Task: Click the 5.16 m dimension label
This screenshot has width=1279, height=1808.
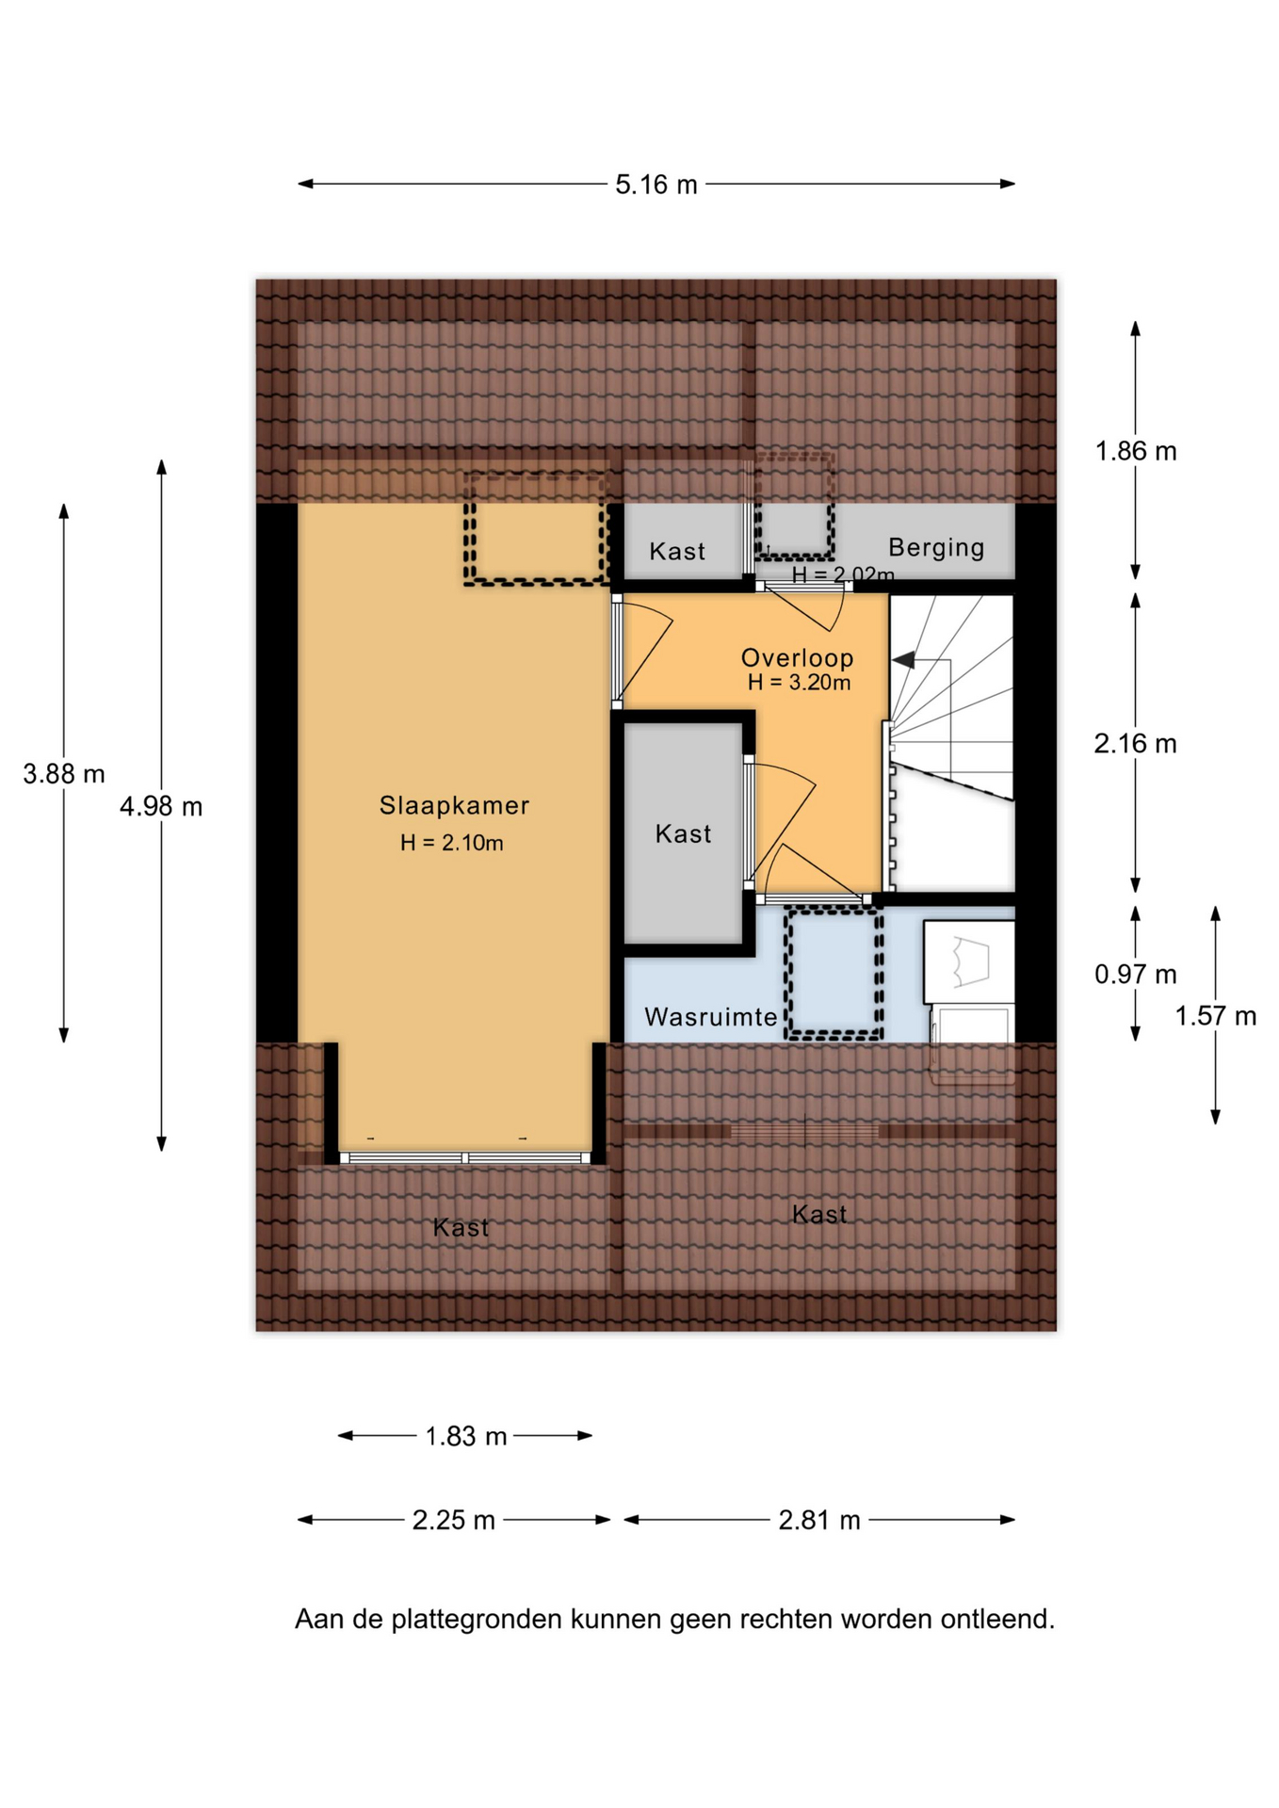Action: [656, 185]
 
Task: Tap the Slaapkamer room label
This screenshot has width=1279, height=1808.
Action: [454, 805]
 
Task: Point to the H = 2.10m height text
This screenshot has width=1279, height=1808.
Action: [451, 843]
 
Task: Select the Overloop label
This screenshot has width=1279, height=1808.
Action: [797, 657]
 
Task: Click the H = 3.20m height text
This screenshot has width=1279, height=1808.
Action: [799, 683]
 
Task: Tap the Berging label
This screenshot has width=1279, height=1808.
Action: [936, 548]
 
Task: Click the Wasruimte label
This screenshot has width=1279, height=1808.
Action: [711, 1017]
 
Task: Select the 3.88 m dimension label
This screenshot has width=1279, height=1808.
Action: [64, 774]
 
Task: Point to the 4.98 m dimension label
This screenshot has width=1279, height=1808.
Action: [161, 806]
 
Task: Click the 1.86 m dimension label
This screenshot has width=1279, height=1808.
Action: [1136, 451]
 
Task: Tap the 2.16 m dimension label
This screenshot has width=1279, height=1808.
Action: [1135, 744]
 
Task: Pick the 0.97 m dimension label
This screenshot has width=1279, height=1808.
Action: [1135, 974]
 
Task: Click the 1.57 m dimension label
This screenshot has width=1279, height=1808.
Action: [1215, 1016]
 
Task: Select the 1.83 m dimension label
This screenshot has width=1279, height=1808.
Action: [465, 1436]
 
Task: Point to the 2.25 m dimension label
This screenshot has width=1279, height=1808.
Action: [453, 1520]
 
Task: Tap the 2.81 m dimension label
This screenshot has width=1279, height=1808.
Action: [819, 1520]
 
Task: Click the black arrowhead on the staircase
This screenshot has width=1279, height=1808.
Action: [903, 660]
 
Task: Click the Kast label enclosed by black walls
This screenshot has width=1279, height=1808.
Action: [683, 833]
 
